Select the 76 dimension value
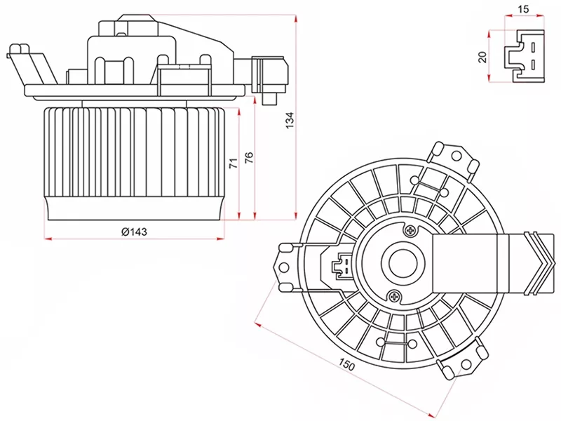(249, 159)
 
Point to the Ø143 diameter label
(134, 232)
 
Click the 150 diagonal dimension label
(346, 366)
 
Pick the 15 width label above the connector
(522, 9)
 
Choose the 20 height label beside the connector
(482, 57)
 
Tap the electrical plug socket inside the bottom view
(342, 265)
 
